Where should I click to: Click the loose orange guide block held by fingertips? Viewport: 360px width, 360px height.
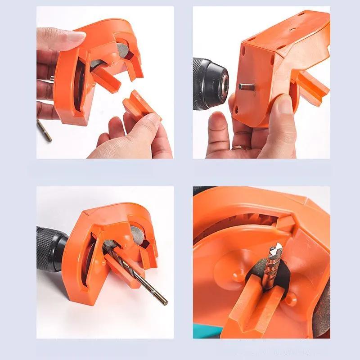[140, 106]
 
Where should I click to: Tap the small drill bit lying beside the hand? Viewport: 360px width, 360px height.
[44, 130]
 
